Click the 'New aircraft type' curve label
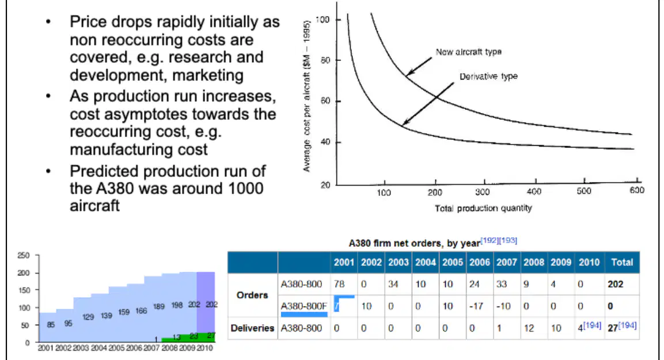[468, 52]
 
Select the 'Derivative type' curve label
[488, 76]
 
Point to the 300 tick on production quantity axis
[483, 192]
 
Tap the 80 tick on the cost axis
[325, 60]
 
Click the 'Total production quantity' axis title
[483, 208]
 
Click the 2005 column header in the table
[452, 262]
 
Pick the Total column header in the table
[621, 262]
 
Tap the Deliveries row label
[252, 328]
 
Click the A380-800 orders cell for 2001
[339, 284]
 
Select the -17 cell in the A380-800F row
[476, 306]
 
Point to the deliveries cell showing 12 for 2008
[529, 328]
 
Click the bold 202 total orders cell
[615, 284]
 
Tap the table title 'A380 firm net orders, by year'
[414, 243]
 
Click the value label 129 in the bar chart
[88, 317]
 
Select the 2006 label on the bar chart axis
[134, 348]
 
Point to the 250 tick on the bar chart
[23, 255]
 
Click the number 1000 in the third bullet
[245, 188]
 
